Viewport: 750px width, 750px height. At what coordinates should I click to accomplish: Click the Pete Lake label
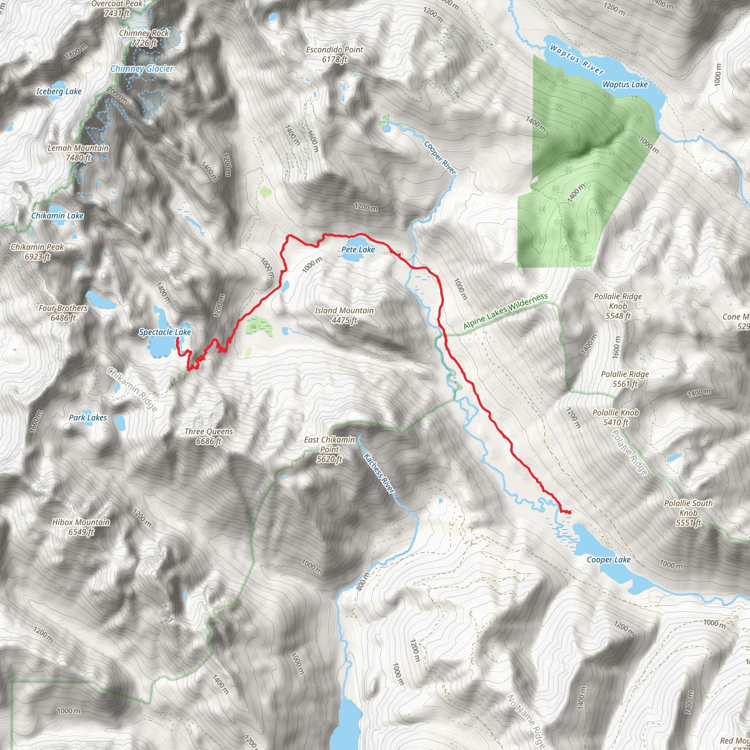click(x=358, y=250)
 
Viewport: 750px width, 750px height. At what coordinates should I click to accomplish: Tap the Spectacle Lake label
click(x=165, y=332)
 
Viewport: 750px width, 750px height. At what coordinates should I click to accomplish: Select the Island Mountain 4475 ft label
click(x=344, y=315)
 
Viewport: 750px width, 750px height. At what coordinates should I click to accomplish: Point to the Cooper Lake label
click(x=608, y=560)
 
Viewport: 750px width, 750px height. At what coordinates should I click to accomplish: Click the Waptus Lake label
click(x=625, y=85)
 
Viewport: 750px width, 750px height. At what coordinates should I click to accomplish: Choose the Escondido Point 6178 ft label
click(x=334, y=54)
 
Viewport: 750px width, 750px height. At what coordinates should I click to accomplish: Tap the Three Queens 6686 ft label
click(x=208, y=436)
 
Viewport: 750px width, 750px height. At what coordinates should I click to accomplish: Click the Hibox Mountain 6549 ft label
click(x=81, y=527)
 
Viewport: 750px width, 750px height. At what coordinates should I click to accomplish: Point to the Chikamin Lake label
click(x=57, y=216)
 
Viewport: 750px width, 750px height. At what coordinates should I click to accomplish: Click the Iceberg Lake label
click(x=59, y=92)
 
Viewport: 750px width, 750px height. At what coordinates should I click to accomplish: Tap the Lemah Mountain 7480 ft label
click(x=78, y=153)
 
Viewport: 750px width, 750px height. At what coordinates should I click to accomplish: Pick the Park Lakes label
click(x=88, y=418)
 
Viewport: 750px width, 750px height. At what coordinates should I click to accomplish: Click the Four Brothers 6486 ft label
click(x=63, y=313)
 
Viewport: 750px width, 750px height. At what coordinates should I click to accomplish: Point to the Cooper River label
click(x=440, y=157)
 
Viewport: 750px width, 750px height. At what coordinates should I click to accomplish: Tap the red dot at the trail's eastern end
click(x=569, y=512)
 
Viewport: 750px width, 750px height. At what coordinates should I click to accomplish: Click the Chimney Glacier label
click(x=142, y=69)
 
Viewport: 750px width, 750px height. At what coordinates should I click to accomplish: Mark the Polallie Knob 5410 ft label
click(x=616, y=417)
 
